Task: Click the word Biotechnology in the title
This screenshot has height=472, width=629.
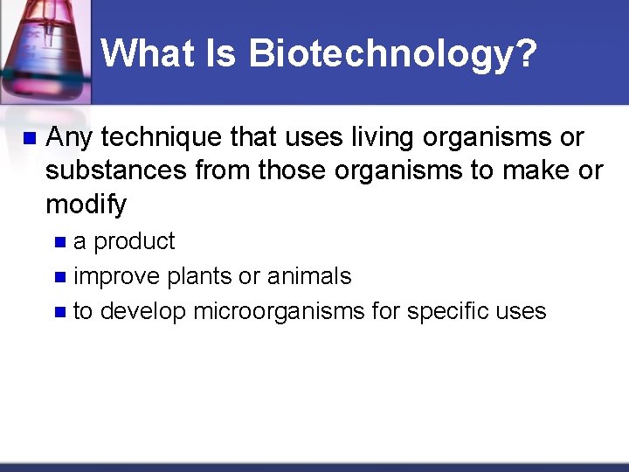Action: click(392, 54)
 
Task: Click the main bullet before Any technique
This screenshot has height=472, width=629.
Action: click(28, 138)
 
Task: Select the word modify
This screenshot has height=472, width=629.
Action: click(86, 205)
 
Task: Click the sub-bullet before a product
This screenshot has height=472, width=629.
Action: click(59, 242)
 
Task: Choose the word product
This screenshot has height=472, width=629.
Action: click(134, 241)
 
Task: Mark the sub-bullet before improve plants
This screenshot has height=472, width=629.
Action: click(59, 278)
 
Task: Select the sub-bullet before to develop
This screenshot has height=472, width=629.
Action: click(59, 312)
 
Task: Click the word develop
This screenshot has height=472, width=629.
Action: click(142, 312)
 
